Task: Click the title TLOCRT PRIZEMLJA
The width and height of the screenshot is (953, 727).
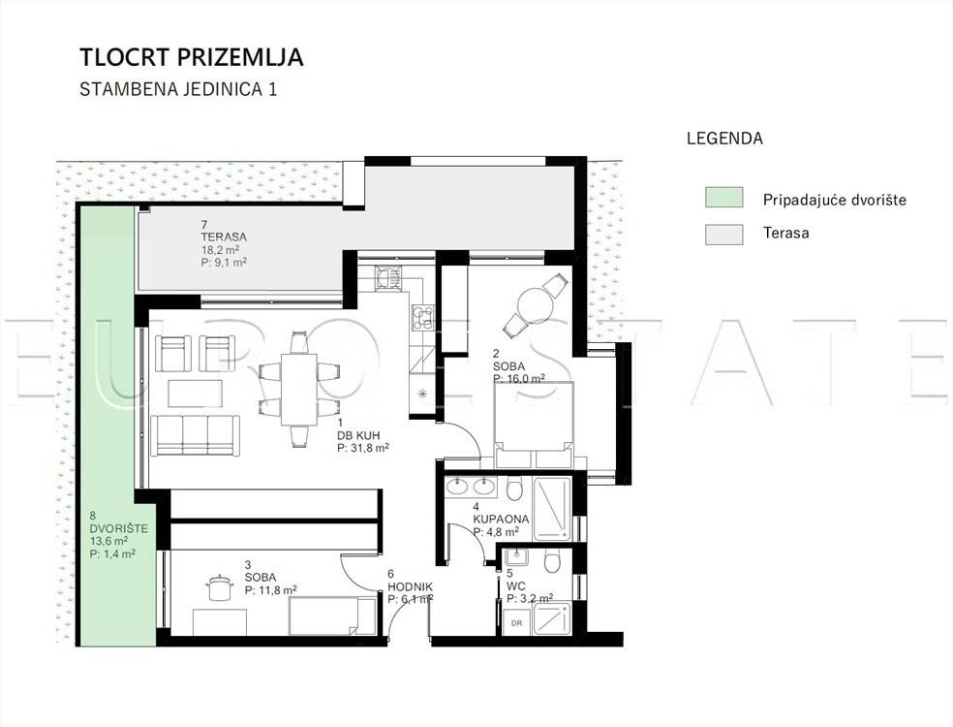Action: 192,57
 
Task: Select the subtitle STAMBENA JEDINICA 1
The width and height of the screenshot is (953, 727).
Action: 178,89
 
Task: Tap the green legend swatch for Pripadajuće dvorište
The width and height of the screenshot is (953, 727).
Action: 723,198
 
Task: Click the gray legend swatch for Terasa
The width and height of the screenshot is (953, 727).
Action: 723,235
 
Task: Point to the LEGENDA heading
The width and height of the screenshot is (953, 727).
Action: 724,138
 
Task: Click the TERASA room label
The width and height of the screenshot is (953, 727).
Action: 224,237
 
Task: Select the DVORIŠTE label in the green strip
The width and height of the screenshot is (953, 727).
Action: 118,528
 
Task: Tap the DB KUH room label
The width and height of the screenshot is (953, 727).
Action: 359,435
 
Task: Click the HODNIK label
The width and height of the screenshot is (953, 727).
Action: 411,586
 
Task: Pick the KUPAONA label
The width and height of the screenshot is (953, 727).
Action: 501,519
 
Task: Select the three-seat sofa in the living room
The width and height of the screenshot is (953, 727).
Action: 195,435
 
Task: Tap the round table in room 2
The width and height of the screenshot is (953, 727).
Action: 535,303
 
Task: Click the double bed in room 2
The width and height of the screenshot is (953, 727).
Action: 535,425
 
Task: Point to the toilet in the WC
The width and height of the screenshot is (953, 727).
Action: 552,562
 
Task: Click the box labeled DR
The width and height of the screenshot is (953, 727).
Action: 516,622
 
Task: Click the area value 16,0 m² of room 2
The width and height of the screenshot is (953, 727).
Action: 519,378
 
